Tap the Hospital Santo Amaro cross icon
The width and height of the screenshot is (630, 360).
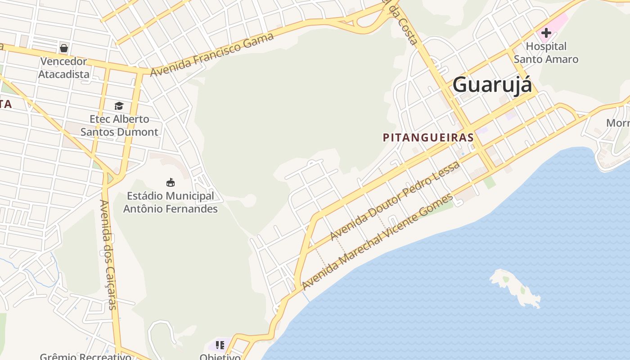(546, 33)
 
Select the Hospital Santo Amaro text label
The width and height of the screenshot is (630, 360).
(546, 53)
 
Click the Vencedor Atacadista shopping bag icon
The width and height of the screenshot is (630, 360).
(64, 48)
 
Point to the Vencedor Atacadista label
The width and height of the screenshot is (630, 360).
(63, 67)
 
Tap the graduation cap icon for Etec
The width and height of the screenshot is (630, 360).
(119, 106)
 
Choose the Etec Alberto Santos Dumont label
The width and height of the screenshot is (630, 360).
(119, 126)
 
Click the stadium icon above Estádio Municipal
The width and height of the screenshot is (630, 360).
(170, 183)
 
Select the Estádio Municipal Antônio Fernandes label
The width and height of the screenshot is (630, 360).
(171, 202)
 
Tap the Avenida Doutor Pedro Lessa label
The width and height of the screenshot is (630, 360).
(395, 200)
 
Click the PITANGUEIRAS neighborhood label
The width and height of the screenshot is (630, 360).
(428, 138)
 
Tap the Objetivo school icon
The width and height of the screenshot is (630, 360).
(220, 345)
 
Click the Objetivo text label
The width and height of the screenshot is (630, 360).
(220, 357)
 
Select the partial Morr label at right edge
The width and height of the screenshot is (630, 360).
(618, 123)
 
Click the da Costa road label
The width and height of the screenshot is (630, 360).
(402, 22)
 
